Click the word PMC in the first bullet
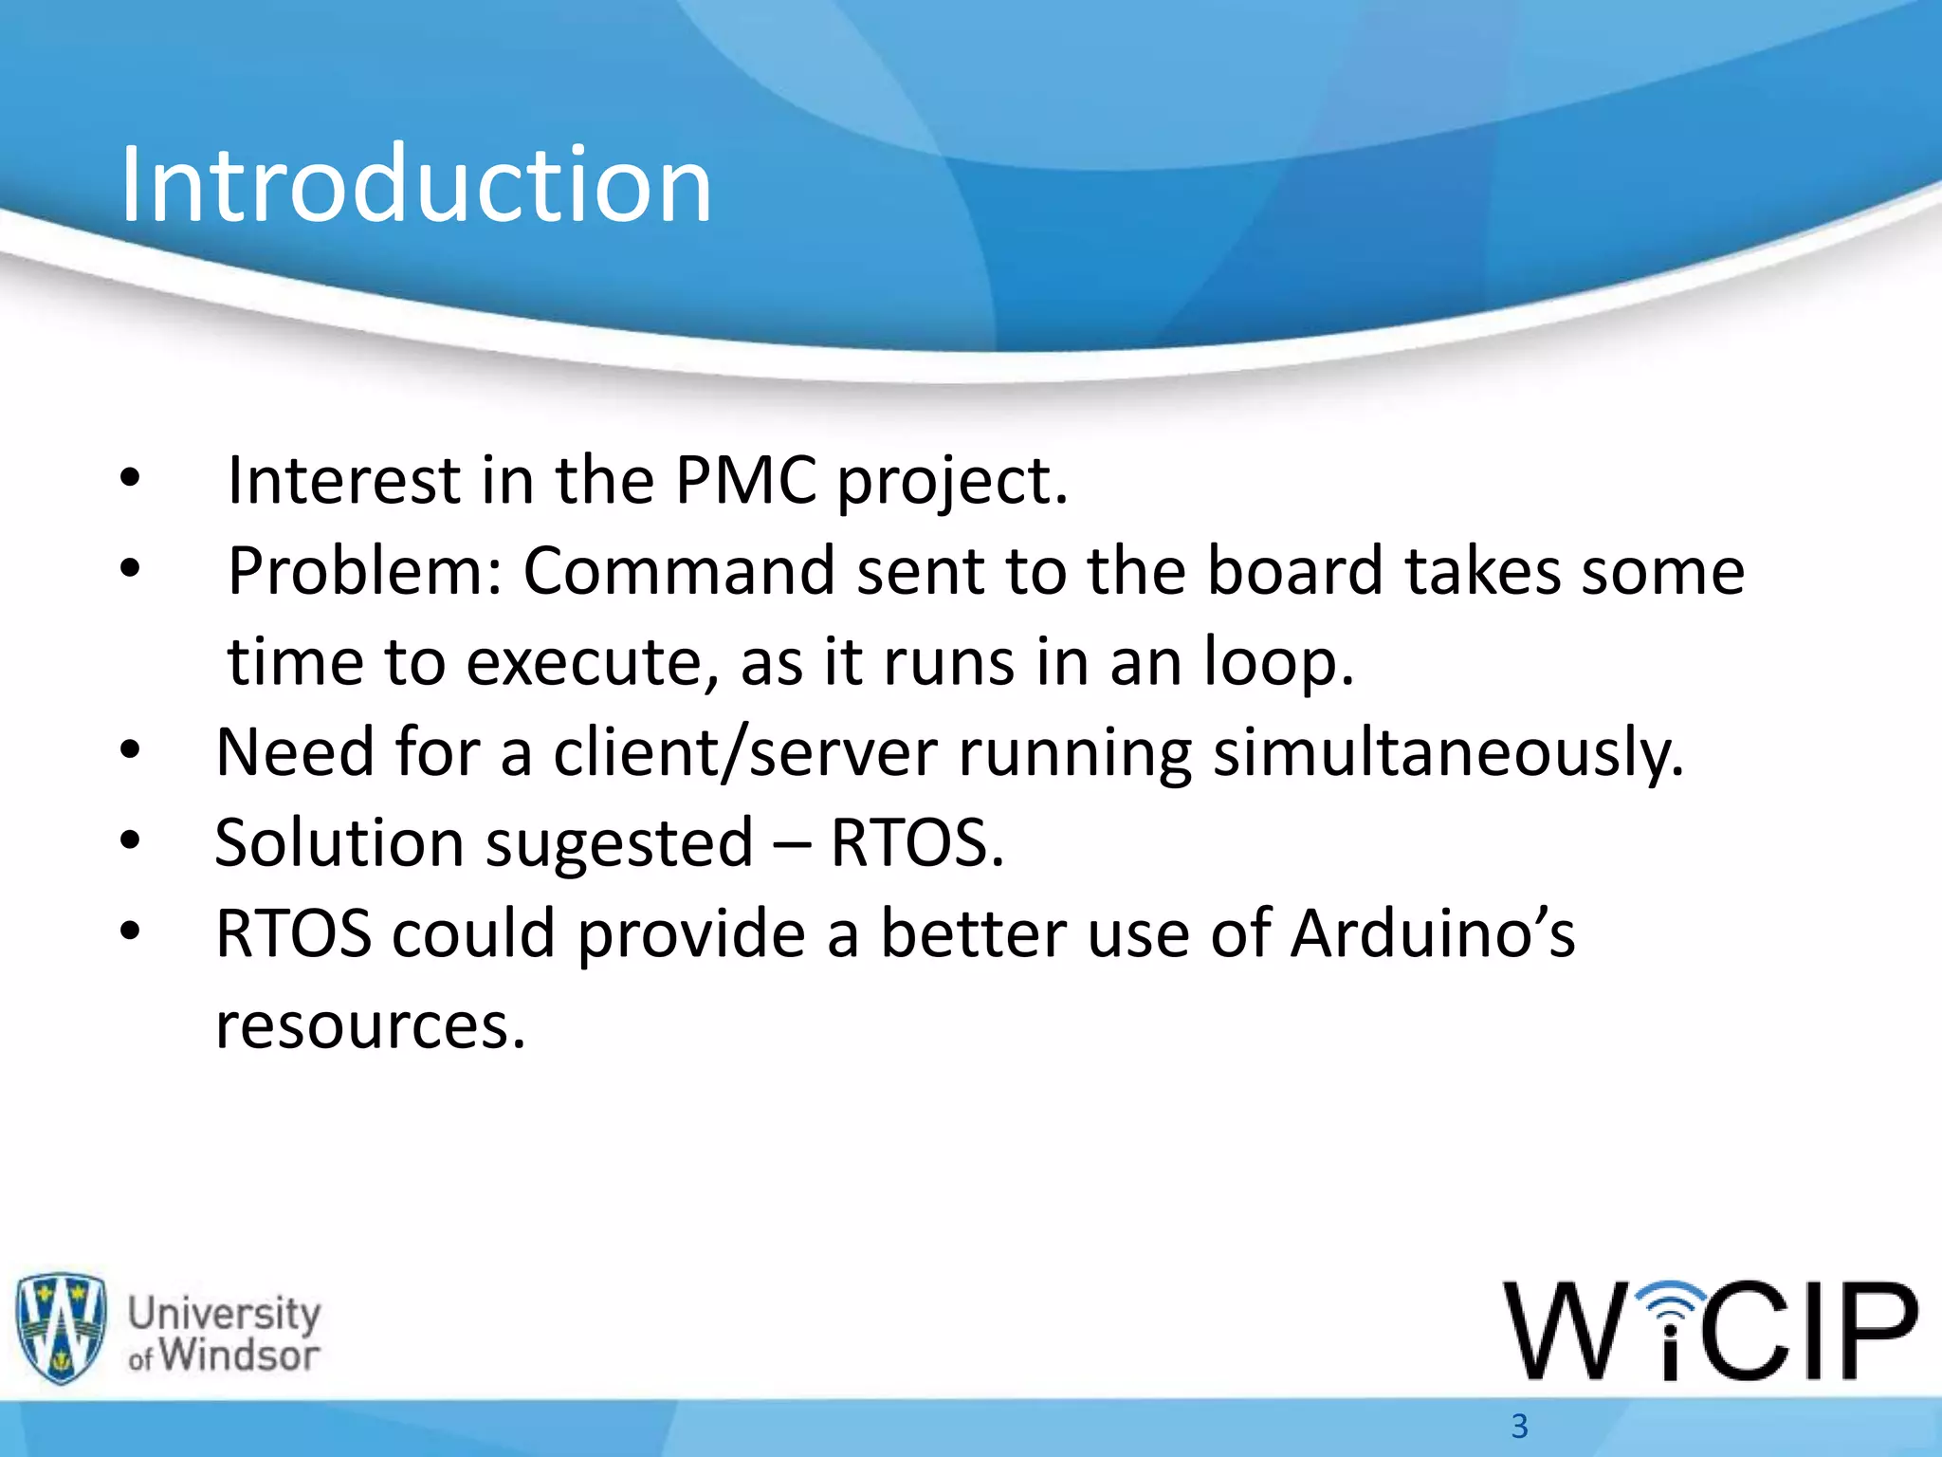(745, 480)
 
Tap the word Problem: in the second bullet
(365, 571)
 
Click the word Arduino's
(1433, 934)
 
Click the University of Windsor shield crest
(61, 1328)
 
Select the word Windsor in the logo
(239, 1355)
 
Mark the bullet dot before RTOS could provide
(130, 933)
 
